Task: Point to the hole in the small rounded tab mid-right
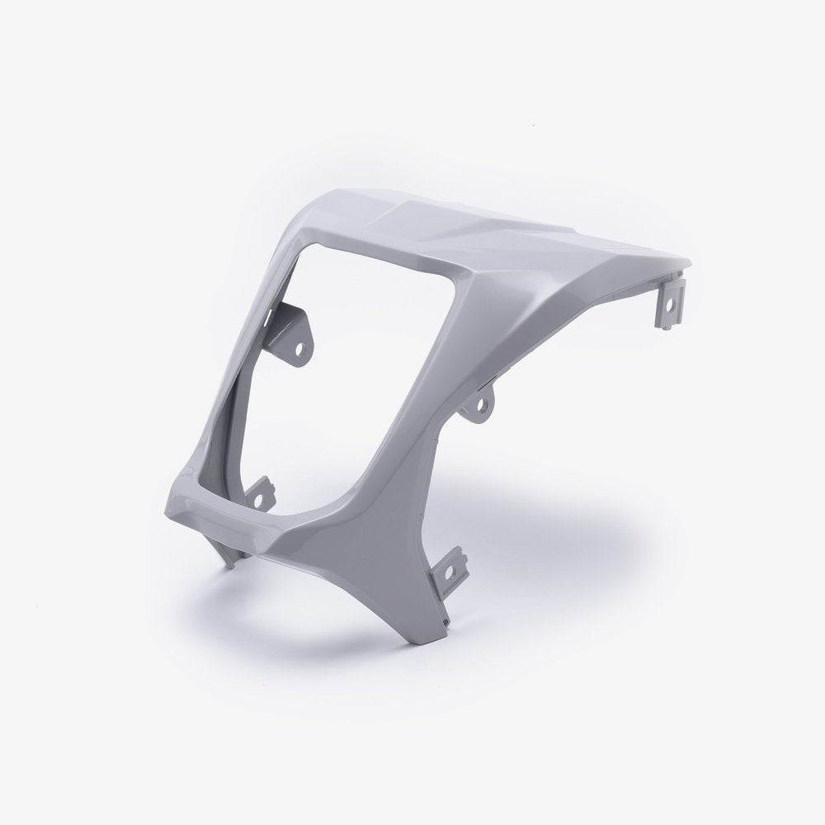click(477, 406)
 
